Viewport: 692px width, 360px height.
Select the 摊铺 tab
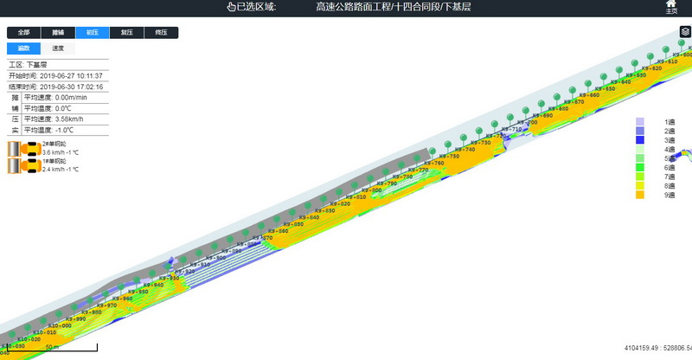(x=58, y=33)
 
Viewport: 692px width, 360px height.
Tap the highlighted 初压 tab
(x=93, y=33)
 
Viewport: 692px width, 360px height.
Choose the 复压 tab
(x=127, y=33)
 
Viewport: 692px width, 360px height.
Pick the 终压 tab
(x=162, y=33)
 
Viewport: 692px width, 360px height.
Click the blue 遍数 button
(x=23, y=48)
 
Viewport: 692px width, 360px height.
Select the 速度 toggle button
(x=58, y=48)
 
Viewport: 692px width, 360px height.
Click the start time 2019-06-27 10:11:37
(x=71, y=76)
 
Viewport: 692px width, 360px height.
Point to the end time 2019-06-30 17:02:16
(x=71, y=87)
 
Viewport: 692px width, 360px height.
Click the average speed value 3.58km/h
(x=69, y=119)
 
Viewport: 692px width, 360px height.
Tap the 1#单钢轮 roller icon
(x=23, y=165)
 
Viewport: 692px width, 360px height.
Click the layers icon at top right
(x=685, y=32)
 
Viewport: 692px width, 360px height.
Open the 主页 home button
(x=671, y=8)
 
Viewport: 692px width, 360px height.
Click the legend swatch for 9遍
(x=640, y=196)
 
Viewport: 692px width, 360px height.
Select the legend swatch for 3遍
(x=640, y=140)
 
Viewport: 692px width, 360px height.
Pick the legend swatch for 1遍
(x=640, y=122)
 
